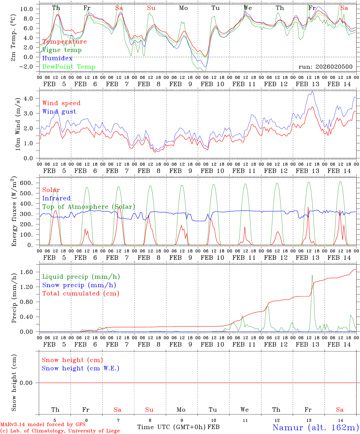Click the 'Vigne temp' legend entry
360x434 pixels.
[x=62, y=50]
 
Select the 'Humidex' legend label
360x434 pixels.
[x=58, y=58]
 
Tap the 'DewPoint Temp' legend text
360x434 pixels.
[x=69, y=67]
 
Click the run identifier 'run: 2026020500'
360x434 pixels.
[x=325, y=67]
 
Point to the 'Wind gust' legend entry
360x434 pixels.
[x=59, y=112]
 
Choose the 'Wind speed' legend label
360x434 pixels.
[x=62, y=103]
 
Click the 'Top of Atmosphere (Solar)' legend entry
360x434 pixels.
[x=89, y=207]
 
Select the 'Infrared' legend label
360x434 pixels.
[x=56, y=198]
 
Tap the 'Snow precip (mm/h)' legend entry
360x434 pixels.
[x=79, y=285]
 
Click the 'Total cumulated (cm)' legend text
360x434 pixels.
[x=81, y=294]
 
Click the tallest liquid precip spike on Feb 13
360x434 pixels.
[x=312, y=275]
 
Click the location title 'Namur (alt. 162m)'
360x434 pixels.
[x=315, y=427]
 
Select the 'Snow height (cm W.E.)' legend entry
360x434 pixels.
[x=81, y=368]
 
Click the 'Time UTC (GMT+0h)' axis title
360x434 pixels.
[x=172, y=427]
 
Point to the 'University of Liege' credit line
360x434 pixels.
[x=60, y=431]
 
